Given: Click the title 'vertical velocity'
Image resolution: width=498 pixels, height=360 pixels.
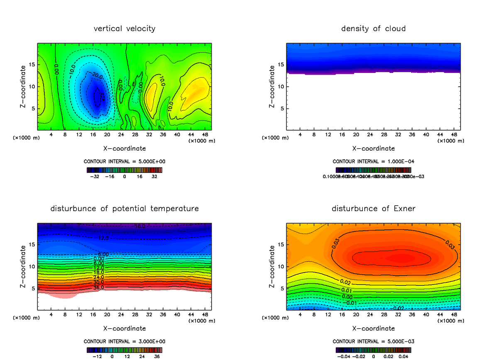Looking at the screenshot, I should (x=124, y=29).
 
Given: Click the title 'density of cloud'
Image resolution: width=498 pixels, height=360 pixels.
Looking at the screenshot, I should (x=373, y=29).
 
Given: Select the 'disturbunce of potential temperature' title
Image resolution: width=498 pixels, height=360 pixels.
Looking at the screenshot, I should (x=124, y=208).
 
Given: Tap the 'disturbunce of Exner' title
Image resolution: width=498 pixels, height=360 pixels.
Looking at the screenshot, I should (x=373, y=208).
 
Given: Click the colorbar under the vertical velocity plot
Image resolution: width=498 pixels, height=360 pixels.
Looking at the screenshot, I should (x=124, y=170).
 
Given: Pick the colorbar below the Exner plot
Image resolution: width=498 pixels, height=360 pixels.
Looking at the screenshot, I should (x=373, y=350).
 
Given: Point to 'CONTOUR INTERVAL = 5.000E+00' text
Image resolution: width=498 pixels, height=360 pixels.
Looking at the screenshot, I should (x=124, y=161).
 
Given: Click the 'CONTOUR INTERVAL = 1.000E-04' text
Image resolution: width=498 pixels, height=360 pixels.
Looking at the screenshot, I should (x=373, y=161).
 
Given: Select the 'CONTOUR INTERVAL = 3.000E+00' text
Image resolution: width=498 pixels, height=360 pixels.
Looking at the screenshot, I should (x=124, y=341).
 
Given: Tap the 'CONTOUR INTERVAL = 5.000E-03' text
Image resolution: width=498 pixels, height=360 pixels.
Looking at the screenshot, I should (x=373, y=341).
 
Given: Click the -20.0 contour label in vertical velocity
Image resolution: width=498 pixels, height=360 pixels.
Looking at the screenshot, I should (x=96, y=76).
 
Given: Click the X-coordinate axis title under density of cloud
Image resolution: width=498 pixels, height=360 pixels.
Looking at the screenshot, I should (x=373, y=148).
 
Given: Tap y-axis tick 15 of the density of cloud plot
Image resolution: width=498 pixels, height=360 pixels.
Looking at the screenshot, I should (x=280, y=65).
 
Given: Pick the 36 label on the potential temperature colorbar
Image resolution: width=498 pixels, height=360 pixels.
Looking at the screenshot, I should (x=157, y=356).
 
